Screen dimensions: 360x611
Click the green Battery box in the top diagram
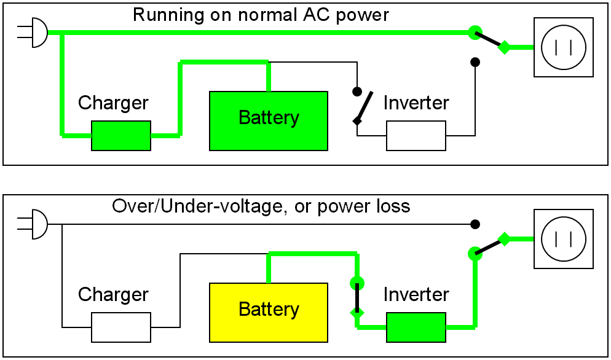pyautogui.click(x=269, y=121)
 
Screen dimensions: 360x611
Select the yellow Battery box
pyautogui.click(x=269, y=312)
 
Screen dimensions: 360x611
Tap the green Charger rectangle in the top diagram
pyautogui.click(x=121, y=136)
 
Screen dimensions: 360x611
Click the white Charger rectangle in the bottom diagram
pyautogui.click(x=121, y=327)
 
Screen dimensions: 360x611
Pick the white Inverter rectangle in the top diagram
pyautogui.click(x=416, y=136)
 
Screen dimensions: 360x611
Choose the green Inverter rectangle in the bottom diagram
pyautogui.click(x=416, y=327)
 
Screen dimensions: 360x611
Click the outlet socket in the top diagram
pyautogui.click(x=564, y=47)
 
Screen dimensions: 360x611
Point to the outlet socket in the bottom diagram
pyautogui.click(x=564, y=239)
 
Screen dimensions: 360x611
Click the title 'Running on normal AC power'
pyautogui.click(x=261, y=15)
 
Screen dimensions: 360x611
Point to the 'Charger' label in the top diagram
pyautogui.click(x=113, y=103)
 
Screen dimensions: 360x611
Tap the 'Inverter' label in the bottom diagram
pyautogui.click(x=416, y=294)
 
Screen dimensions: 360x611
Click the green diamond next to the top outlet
pyautogui.click(x=504, y=47)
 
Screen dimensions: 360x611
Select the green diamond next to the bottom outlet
pyautogui.click(x=504, y=239)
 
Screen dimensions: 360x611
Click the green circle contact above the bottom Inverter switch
pyautogui.click(x=357, y=283)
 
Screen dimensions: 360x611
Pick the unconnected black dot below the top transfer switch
pyautogui.click(x=475, y=62)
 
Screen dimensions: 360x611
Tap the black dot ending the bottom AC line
pyautogui.click(x=475, y=224)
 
